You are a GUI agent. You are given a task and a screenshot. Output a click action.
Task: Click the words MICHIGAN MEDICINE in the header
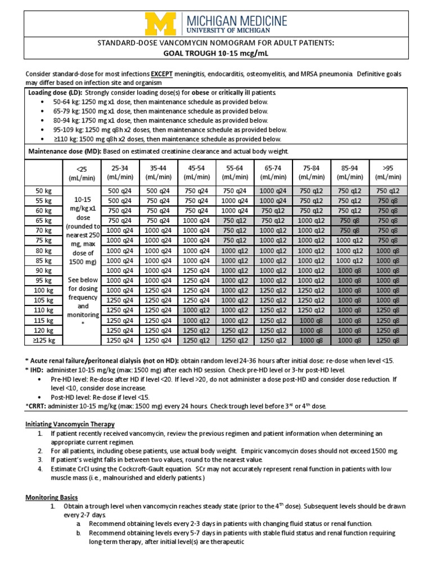click(237, 20)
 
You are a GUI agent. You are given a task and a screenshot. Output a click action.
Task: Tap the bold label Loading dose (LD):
click(55, 92)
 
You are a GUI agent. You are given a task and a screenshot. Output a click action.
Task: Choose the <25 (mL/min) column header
click(82, 172)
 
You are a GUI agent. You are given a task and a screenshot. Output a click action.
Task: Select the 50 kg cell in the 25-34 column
click(119, 191)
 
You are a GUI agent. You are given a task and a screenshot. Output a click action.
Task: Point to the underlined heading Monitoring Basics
click(52, 497)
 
